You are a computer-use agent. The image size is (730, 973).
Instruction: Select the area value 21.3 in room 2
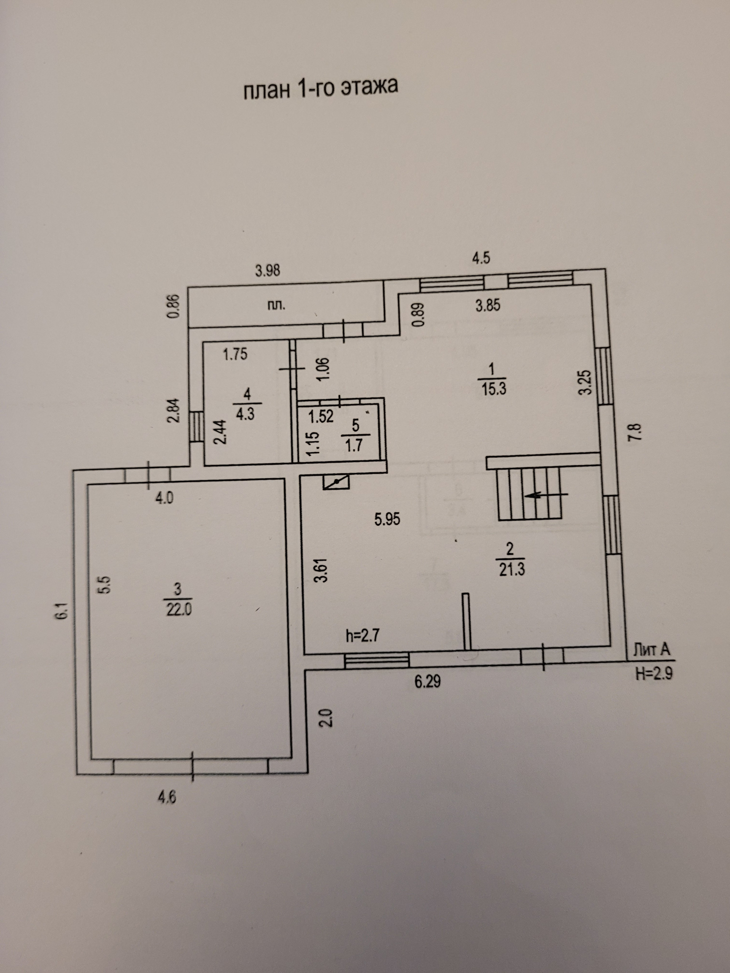(512, 570)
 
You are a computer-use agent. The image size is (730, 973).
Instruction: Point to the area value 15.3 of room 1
(494, 389)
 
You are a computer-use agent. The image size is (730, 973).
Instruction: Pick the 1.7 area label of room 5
(354, 445)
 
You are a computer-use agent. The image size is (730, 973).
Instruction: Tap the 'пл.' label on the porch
(276, 305)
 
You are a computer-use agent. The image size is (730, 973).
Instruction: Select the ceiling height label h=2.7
(362, 635)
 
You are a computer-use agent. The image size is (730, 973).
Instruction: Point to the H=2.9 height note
(654, 673)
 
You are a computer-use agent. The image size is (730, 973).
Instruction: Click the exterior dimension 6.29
(427, 681)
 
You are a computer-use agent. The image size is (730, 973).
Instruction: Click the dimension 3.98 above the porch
(268, 270)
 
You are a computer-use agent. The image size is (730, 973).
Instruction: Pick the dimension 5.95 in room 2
(387, 520)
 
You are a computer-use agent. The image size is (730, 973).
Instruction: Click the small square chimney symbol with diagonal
(336, 482)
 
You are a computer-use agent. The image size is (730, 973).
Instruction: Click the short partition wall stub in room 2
(467, 621)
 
